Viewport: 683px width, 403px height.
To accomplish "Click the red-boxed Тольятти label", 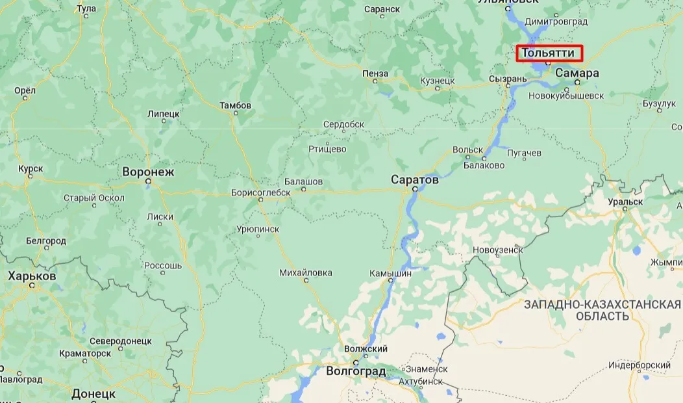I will (x=549, y=53).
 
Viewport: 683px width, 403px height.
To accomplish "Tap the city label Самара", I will (x=577, y=73).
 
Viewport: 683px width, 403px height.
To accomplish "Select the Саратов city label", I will (x=415, y=179).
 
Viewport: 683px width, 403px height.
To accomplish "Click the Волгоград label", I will (x=355, y=372).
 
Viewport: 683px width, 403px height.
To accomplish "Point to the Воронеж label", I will (x=149, y=172).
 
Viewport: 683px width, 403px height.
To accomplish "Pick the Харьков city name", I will (x=32, y=276).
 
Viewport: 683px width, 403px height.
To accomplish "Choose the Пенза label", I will (x=376, y=73).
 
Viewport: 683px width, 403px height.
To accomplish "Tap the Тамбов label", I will (x=235, y=105).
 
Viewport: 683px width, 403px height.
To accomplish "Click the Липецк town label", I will (x=163, y=114).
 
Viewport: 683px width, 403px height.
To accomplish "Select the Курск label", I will (x=31, y=169).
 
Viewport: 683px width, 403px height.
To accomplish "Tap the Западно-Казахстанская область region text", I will (x=602, y=310).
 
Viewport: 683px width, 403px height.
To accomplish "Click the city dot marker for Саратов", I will (x=415, y=189).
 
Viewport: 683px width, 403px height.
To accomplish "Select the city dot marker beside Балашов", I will (x=303, y=190).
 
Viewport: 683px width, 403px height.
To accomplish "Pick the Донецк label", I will (x=93, y=394).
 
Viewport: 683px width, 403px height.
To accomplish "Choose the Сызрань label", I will (x=508, y=79).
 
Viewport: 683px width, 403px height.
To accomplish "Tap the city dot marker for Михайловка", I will (x=306, y=280).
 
